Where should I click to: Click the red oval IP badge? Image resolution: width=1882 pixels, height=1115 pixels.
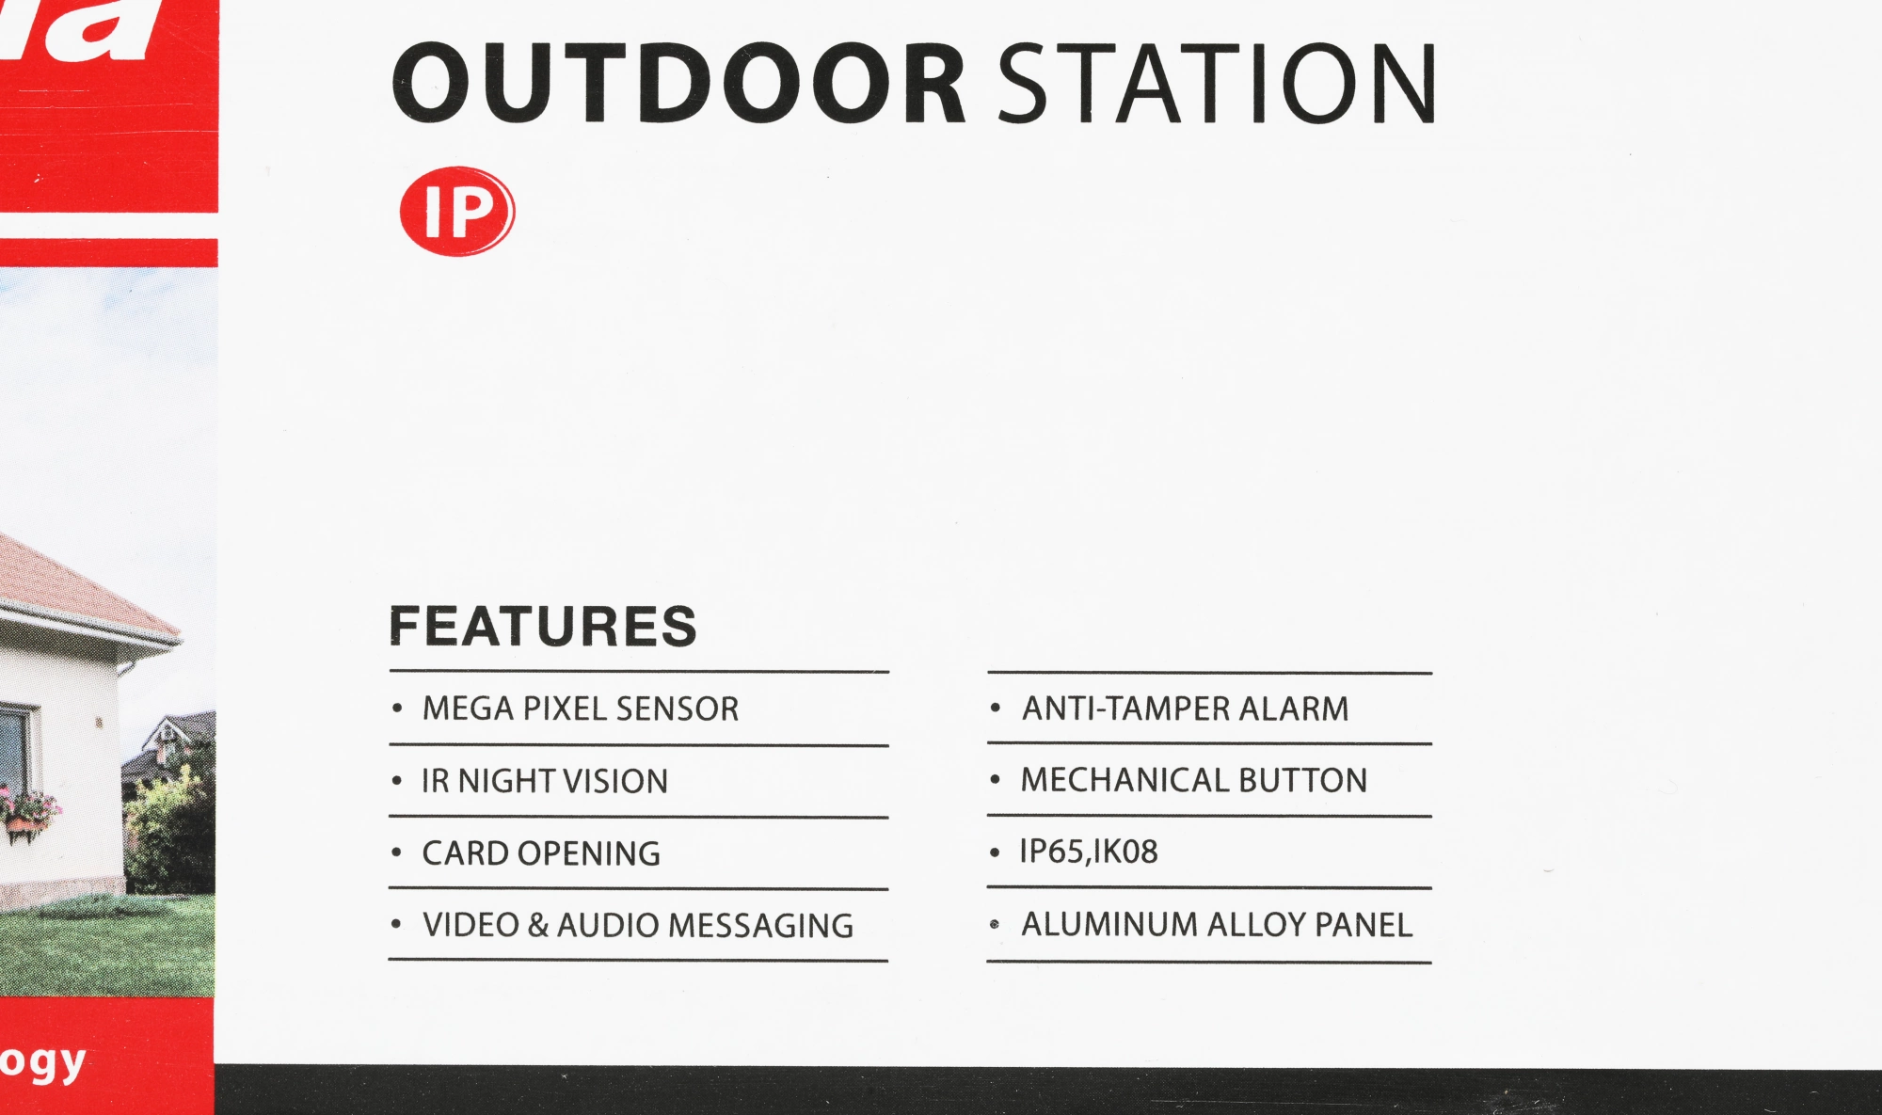(x=457, y=212)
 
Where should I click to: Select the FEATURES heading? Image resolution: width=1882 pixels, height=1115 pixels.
(x=543, y=627)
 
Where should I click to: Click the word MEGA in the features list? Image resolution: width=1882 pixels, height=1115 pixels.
(x=469, y=709)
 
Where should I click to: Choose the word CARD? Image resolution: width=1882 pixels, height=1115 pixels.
(x=466, y=853)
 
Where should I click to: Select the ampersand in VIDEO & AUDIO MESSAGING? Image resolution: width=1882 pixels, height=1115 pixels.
(x=538, y=925)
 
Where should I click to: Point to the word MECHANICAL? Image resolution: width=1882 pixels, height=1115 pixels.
(x=1125, y=780)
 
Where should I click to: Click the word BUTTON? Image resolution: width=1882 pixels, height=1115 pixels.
(x=1302, y=780)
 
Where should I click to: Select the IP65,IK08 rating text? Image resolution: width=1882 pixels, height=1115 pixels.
(x=1089, y=852)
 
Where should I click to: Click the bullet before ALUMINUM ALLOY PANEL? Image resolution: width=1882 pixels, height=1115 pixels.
(x=995, y=925)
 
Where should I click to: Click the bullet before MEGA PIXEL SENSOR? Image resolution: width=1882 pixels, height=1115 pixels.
(x=397, y=709)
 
